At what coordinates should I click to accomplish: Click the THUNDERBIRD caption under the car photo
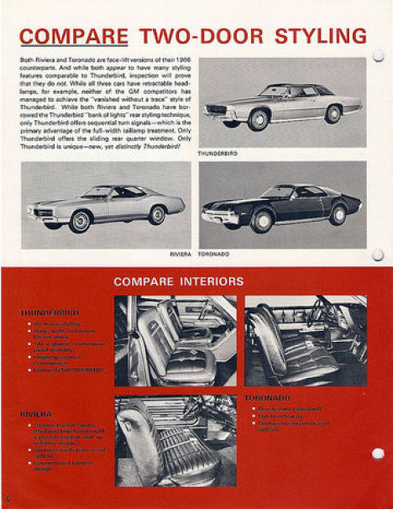[217, 154]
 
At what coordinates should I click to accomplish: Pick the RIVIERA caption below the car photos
[181, 253]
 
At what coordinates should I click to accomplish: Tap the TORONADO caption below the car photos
[214, 253]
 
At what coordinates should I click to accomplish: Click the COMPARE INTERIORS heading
[178, 281]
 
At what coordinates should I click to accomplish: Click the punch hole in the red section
[378, 454]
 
